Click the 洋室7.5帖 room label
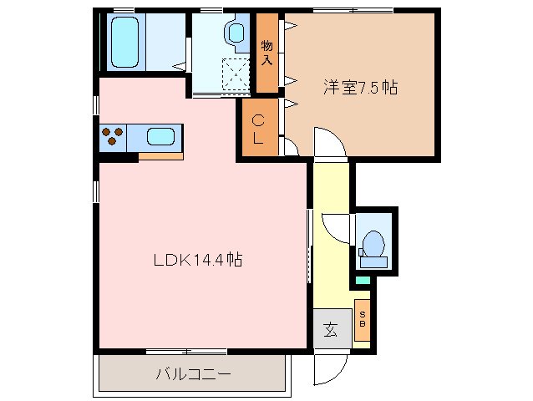(360, 86)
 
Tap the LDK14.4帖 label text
(198, 261)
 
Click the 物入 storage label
(266, 53)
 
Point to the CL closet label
(259, 129)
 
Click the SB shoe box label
(362, 319)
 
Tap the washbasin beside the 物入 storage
(236, 33)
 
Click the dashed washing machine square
(237, 75)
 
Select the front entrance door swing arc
(332, 364)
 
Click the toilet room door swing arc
(336, 227)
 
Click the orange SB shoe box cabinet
(362, 319)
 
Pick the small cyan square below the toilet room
(362, 280)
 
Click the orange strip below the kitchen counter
(160, 155)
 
